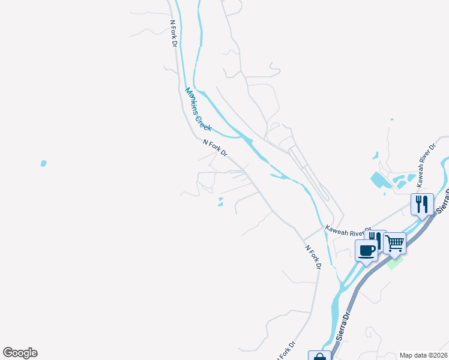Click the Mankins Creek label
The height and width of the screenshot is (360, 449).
(198, 109)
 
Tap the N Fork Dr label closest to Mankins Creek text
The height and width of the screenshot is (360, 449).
(215, 148)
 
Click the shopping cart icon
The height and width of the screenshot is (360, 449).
(395, 243)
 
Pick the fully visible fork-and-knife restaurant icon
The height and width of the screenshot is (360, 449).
(422, 204)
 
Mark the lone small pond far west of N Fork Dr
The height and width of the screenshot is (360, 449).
(43, 163)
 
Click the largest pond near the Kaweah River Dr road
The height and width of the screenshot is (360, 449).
(379, 180)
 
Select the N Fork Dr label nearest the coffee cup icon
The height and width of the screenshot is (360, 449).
(313, 256)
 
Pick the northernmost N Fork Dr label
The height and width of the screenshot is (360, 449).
(173, 34)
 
